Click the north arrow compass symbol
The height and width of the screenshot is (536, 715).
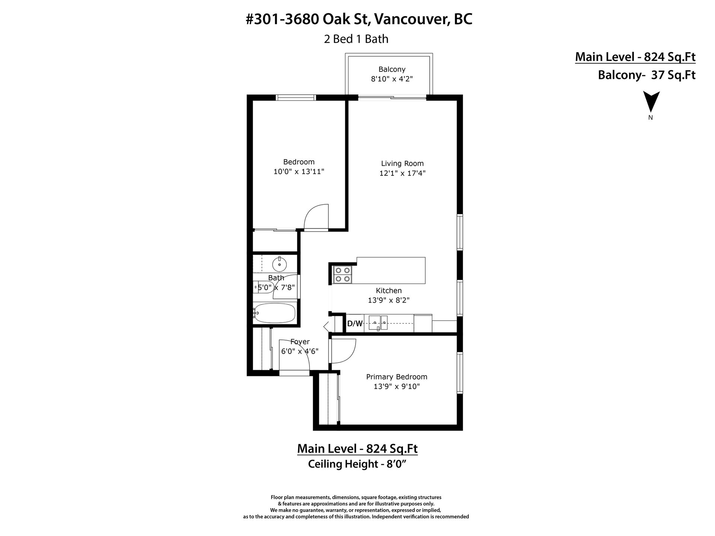click(651, 102)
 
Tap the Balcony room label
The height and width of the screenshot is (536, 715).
click(392, 69)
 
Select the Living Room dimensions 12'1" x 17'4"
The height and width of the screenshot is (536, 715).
click(402, 173)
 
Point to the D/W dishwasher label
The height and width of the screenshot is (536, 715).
click(355, 323)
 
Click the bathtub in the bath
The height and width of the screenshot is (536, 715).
click(274, 314)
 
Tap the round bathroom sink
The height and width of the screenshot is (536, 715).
click(279, 265)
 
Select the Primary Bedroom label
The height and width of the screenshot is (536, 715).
click(397, 377)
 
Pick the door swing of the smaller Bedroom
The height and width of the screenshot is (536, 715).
click(317, 217)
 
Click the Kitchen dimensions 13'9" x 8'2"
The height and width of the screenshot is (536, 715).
click(389, 300)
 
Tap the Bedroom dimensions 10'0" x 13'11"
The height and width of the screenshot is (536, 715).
click(299, 172)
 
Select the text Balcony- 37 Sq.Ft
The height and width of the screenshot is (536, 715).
click(646, 75)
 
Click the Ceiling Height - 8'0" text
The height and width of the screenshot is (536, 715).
click(356, 464)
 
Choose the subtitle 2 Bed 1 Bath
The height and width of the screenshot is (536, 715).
click(356, 39)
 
